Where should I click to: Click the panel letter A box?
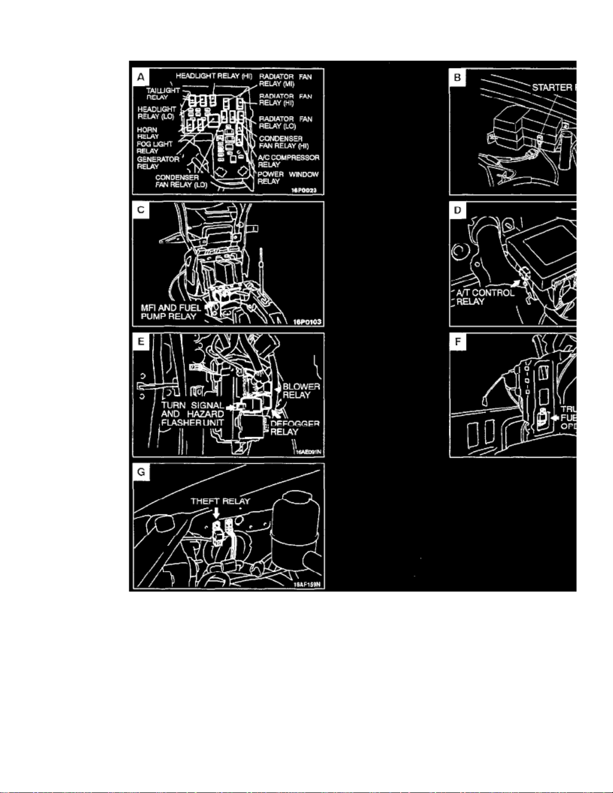click(141, 77)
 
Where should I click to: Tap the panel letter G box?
click(141, 472)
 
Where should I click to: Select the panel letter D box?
click(457, 210)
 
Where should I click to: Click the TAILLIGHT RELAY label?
click(162, 94)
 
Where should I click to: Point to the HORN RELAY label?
click(148, 133)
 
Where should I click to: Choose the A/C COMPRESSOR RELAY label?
click(288, 161)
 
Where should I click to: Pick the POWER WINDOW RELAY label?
click(288, 178)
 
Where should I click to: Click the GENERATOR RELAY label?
click(158, 163)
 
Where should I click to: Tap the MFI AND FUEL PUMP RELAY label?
click(171, 312)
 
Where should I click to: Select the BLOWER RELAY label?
click(301, 391)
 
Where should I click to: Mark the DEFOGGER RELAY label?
click(294, 428)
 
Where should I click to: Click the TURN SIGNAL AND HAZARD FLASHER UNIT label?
click(193, 414)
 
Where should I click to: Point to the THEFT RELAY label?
click(220, 501)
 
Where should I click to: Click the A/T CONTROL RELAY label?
click(484, 297)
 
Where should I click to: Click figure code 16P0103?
click(307, 322)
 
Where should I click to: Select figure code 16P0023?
click(304, 190)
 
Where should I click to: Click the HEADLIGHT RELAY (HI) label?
click(214, 76)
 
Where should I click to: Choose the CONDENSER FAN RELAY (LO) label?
click(181, 181)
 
